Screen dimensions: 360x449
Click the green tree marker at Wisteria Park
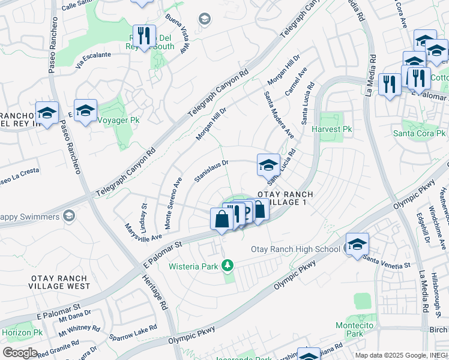click(227, 265)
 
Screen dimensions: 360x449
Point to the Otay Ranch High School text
click(295, 249)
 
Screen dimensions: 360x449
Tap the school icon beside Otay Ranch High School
click(357, 244)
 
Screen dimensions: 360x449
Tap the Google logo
click(19, 353)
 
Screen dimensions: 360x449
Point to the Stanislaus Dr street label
click(211, 171)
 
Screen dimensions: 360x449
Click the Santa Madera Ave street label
click(278, 115)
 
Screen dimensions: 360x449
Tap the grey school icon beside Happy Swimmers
click(70, 215)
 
